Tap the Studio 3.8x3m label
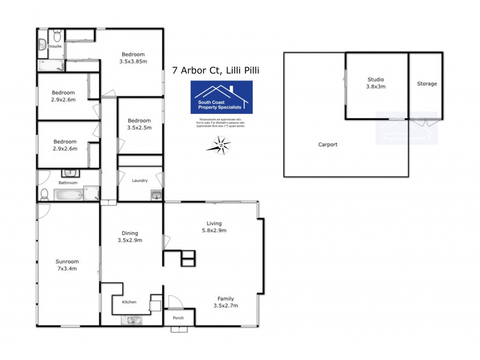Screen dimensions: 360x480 pyautogui.click(x=376, y=83)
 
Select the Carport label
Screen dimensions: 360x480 pyautogui.click(x=328, y=145)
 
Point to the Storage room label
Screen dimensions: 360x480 pyautogui.click(x=427, y=83)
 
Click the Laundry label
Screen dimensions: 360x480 pyautogui.click(x=140, y=181)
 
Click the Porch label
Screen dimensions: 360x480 pyautogui.click(x=178, y=318)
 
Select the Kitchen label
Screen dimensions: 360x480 pyautogui.click(x=130, y=302)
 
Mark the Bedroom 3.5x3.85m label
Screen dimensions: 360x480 pyautogui.click(x=133, y=58)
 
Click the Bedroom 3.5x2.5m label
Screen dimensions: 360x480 pyautogui.click(x=139, y=124)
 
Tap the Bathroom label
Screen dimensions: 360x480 pyautogui.click(x=68, y=182)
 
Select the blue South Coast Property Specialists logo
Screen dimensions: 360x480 pyautogui.click(x=221, y=97)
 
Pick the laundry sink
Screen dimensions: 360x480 pyautogui.click(x=156, y=194)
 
